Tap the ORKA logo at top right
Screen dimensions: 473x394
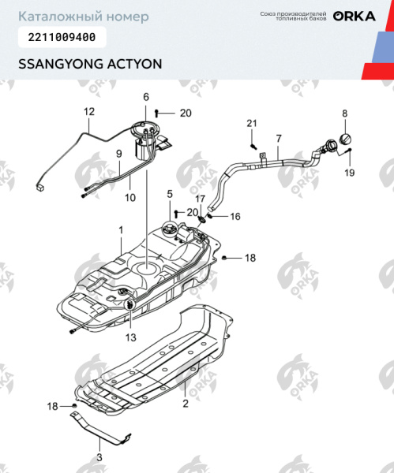coord(354,17)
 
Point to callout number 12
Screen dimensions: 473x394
coord(89,111)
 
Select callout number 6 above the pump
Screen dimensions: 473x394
coord(146,97)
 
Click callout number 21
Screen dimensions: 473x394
coord(252,123)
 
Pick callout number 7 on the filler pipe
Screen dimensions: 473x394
coord(277,139)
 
